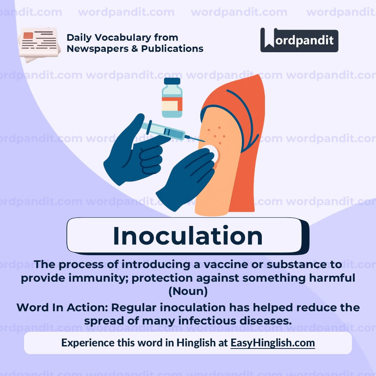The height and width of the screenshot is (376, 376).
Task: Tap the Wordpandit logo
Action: point(299,40)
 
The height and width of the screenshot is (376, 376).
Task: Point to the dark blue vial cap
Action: point(172,81)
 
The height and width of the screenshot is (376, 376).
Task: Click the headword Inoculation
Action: point(188,236)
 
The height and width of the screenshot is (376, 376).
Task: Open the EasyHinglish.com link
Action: point(273,343)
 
